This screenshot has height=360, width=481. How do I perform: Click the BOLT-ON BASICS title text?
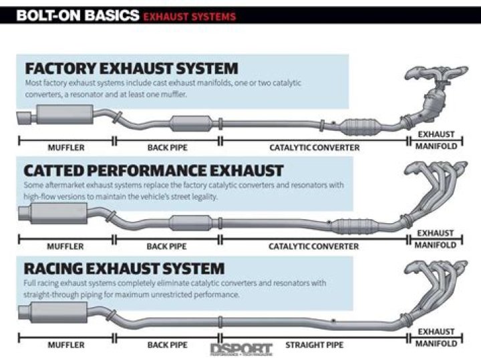pyautogui.click(x=70, y=15)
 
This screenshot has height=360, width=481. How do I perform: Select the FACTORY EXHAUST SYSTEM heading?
pyautogui.click(x=131, y=68)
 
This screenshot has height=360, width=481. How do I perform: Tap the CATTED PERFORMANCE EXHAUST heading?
pyautogui.click(x=154, y=170)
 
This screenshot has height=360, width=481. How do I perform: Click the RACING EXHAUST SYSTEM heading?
pyautogui.click(x=124, y=268)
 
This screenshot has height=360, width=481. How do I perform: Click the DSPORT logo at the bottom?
pyautogui.click(x=241, y=348)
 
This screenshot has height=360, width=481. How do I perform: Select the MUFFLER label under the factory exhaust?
pyautogui.click(x=65, y=147)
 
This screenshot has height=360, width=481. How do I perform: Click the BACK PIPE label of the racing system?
pyautogui.click(x=167, y=345)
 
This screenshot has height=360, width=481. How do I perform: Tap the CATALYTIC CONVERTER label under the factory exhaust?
pyautogui.click(x=314, y=147)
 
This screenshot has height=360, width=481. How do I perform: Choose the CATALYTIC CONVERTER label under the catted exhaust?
pyautogui.click(x=314, y=246)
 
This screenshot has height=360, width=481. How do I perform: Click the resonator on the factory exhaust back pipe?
pyautogui.click(x=191, y=124)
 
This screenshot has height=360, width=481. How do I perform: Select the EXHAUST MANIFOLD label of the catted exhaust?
pyautogui.click(x=436, y=239)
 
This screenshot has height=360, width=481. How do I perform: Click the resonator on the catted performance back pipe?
pyautogui.click(x=191, y=222)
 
